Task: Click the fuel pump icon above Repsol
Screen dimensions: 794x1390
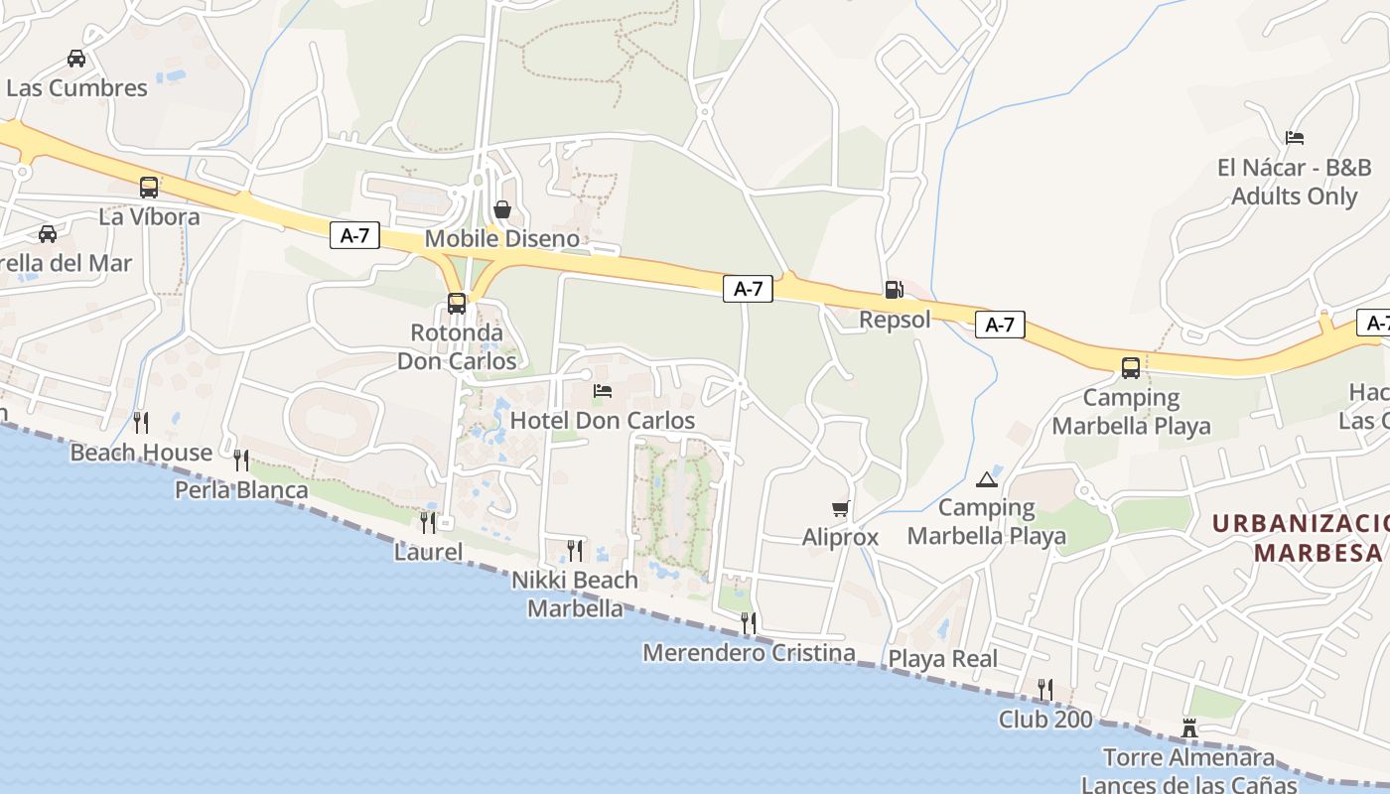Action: pyautogui.click(x=894, y=290)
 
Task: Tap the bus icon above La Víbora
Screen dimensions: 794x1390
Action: pyautogui.click(x=149, y=187)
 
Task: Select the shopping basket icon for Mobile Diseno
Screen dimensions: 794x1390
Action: pyautogui.click(x=502, y=209)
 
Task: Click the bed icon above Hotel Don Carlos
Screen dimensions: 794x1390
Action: pyautogui.click(x=603, y=391)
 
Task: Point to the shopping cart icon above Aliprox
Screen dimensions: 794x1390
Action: pyautogui.click(x=841, y=509)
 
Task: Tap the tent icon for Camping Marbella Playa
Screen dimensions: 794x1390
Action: pyautogui.click(x=986, y=480)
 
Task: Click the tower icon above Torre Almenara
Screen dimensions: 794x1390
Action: pyautogui.click(x=1188, y=729)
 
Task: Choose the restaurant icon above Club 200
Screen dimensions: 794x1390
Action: pyautogui.click(x=1044, y=689)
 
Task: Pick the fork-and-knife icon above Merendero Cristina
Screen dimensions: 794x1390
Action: pyautogui.click(x=749, y=622)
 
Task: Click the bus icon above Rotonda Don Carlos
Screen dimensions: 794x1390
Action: pyautogui.click(x=457, y=304)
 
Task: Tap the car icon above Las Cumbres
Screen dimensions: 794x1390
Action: pyautogui.click(x=76, y=59)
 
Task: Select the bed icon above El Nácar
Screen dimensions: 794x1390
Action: pyautogui.click(x=1294, y=138)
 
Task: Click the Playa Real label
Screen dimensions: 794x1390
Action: pyautogui.click(x=942, y=659)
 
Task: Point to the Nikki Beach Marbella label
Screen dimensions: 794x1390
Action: pyautogui.click(x=575, y=594)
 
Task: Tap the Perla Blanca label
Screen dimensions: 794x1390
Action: pyautogui.click(x=241, y=490)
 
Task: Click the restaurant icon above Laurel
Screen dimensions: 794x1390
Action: pyautogui.click(x=428, y=522)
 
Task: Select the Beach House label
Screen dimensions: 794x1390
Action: pyautogui.click(x=141, y=454)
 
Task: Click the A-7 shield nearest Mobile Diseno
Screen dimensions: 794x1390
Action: pyautogui.click(x=354, y=235)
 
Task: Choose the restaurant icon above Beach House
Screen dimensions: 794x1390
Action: pyautogui.click(x=141, y=423)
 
